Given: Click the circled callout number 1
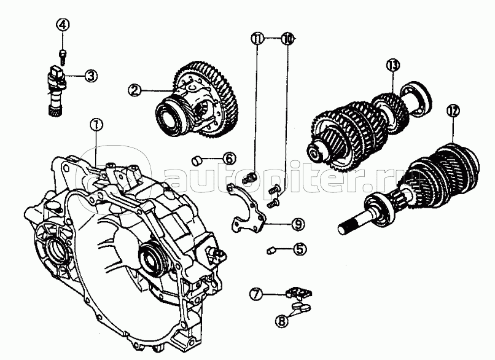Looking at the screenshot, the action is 96,125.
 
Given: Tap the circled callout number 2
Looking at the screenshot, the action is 134,91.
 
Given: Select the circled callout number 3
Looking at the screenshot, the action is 91,76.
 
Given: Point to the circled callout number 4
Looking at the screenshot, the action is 63,25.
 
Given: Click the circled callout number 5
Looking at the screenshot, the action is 300,249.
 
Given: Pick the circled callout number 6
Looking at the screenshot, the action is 229,158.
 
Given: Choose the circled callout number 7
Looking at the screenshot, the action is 256,294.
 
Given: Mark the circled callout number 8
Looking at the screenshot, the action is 282,321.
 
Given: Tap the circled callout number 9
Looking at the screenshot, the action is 298,224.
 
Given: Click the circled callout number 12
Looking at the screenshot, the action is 453,111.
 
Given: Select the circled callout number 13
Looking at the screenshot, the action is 393,66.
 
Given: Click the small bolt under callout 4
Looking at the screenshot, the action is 63,57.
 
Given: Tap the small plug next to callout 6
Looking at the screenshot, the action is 197,160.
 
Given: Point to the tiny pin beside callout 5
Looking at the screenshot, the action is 271,251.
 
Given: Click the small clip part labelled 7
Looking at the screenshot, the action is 298,293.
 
